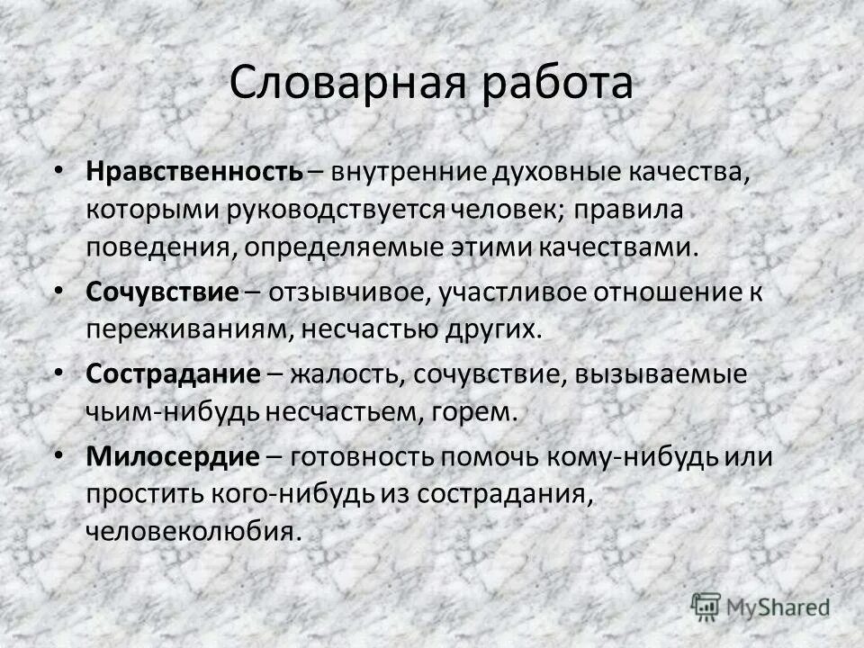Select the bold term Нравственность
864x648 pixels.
click(x=194, y=172)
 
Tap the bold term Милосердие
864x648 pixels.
click(x=172, y=456)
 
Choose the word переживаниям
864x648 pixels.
click(x=187, y=328)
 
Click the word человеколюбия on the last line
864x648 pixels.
click(x=191, y=530)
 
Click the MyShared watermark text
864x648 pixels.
click(x=779, y=607)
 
